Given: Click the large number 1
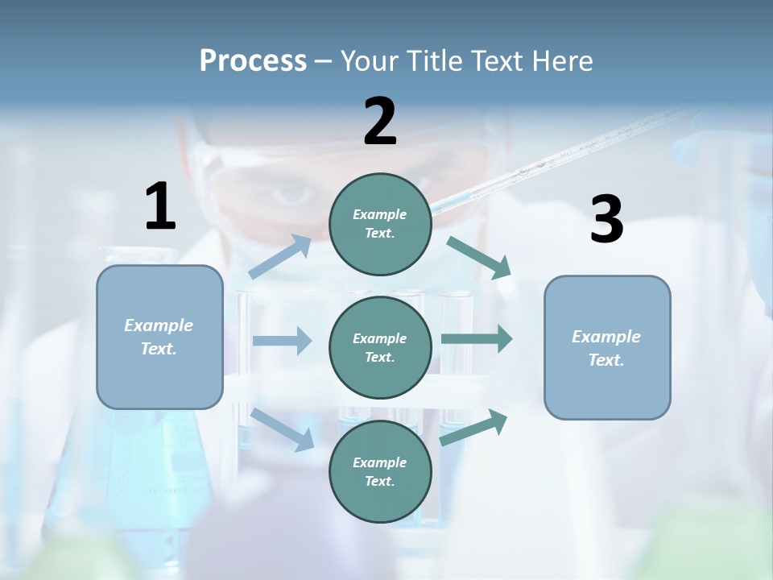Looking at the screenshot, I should point(160,206).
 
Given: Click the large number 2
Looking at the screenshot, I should point(380,122).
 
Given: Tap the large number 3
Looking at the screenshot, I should point(606,219).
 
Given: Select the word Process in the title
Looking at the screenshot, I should point(253,60).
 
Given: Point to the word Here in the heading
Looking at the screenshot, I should point(562,60).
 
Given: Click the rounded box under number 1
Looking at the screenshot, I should point(159,337).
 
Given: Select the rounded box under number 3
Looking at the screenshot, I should point(607,348).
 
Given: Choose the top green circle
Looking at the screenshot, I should point(380,224).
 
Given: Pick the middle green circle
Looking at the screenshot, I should point(380,347).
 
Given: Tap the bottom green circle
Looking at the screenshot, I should point(380,471).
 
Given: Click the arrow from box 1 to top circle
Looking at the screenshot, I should point(280,257).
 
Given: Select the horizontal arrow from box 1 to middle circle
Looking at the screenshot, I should point(282,341).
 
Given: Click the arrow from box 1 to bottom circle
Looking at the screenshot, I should point(283,429).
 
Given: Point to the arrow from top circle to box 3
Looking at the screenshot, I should point(480,258).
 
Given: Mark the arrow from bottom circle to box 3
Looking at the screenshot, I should point(474,427).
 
